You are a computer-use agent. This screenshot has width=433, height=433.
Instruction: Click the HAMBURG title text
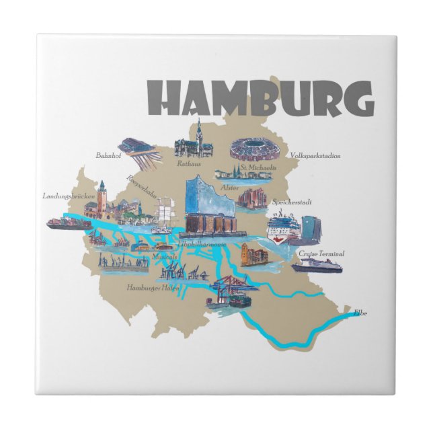[x=260, y=99]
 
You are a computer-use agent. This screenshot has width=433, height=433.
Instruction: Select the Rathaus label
[x=190, y=162]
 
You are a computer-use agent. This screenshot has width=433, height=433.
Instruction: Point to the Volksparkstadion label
[x=315, y=156]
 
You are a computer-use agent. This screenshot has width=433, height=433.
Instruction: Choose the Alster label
[x=230, y=188]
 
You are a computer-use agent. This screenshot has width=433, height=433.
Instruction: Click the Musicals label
[x=164, y=257]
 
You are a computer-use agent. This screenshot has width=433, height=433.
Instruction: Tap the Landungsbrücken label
[x=67, y=196]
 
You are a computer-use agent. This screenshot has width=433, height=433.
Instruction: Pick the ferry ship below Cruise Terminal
[x=317, y=266]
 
